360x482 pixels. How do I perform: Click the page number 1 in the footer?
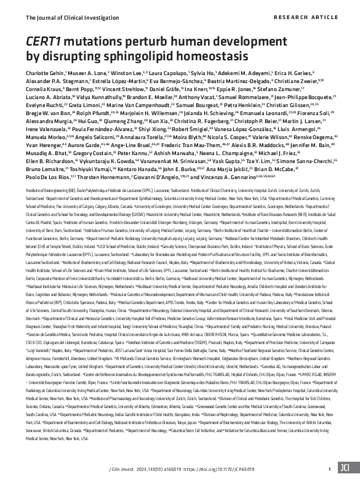(x=330, y=467)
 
